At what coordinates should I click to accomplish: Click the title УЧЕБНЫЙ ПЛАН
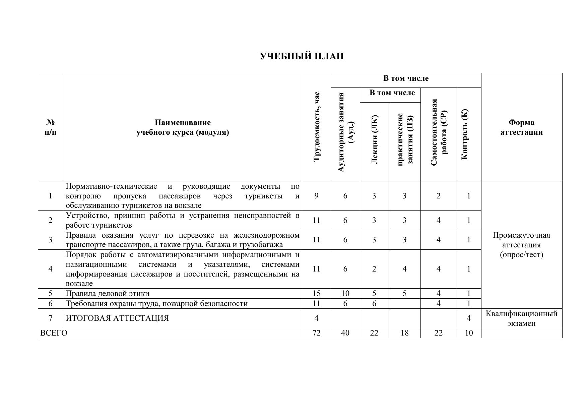point(302,56)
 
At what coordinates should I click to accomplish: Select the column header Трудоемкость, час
point(317,127)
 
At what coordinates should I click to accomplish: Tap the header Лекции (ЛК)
point(374,139)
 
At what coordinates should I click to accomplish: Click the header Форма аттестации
point(521,127)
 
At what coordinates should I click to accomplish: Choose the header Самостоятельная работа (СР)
point(439,132)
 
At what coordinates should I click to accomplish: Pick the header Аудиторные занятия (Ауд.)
point(345,132)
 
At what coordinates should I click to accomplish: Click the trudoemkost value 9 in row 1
point(317,196)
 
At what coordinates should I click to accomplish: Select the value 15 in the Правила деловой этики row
point(316,294)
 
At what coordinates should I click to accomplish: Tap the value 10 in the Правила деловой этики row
point(345,294)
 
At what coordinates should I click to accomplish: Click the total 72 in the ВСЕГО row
point(316,333)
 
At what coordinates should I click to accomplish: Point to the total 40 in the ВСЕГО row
point(345,333)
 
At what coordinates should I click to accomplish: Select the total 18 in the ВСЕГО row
point(404,333)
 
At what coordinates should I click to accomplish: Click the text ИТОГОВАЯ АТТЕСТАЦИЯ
point(117,318)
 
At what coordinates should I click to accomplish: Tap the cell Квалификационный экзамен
point(521,318)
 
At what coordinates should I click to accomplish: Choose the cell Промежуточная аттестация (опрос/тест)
point(521,245)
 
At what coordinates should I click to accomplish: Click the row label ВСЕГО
point(54,333)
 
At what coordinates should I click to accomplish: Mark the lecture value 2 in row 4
point(374,269)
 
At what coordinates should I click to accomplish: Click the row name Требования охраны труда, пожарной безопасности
point(157,304)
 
